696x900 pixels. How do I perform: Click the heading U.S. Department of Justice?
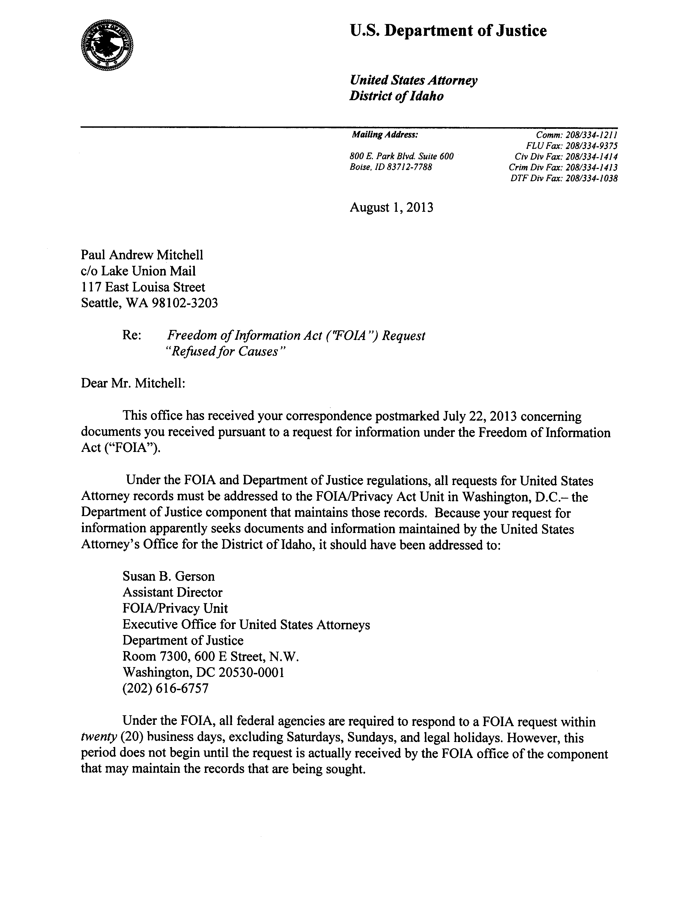(x=448, y=31)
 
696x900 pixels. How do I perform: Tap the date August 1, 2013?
(x=391, y=207)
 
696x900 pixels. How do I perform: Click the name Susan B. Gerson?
(x=168, y=576)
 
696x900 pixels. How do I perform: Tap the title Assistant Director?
(x=172, y=592)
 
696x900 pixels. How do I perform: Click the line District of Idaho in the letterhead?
(x=396, y=96)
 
